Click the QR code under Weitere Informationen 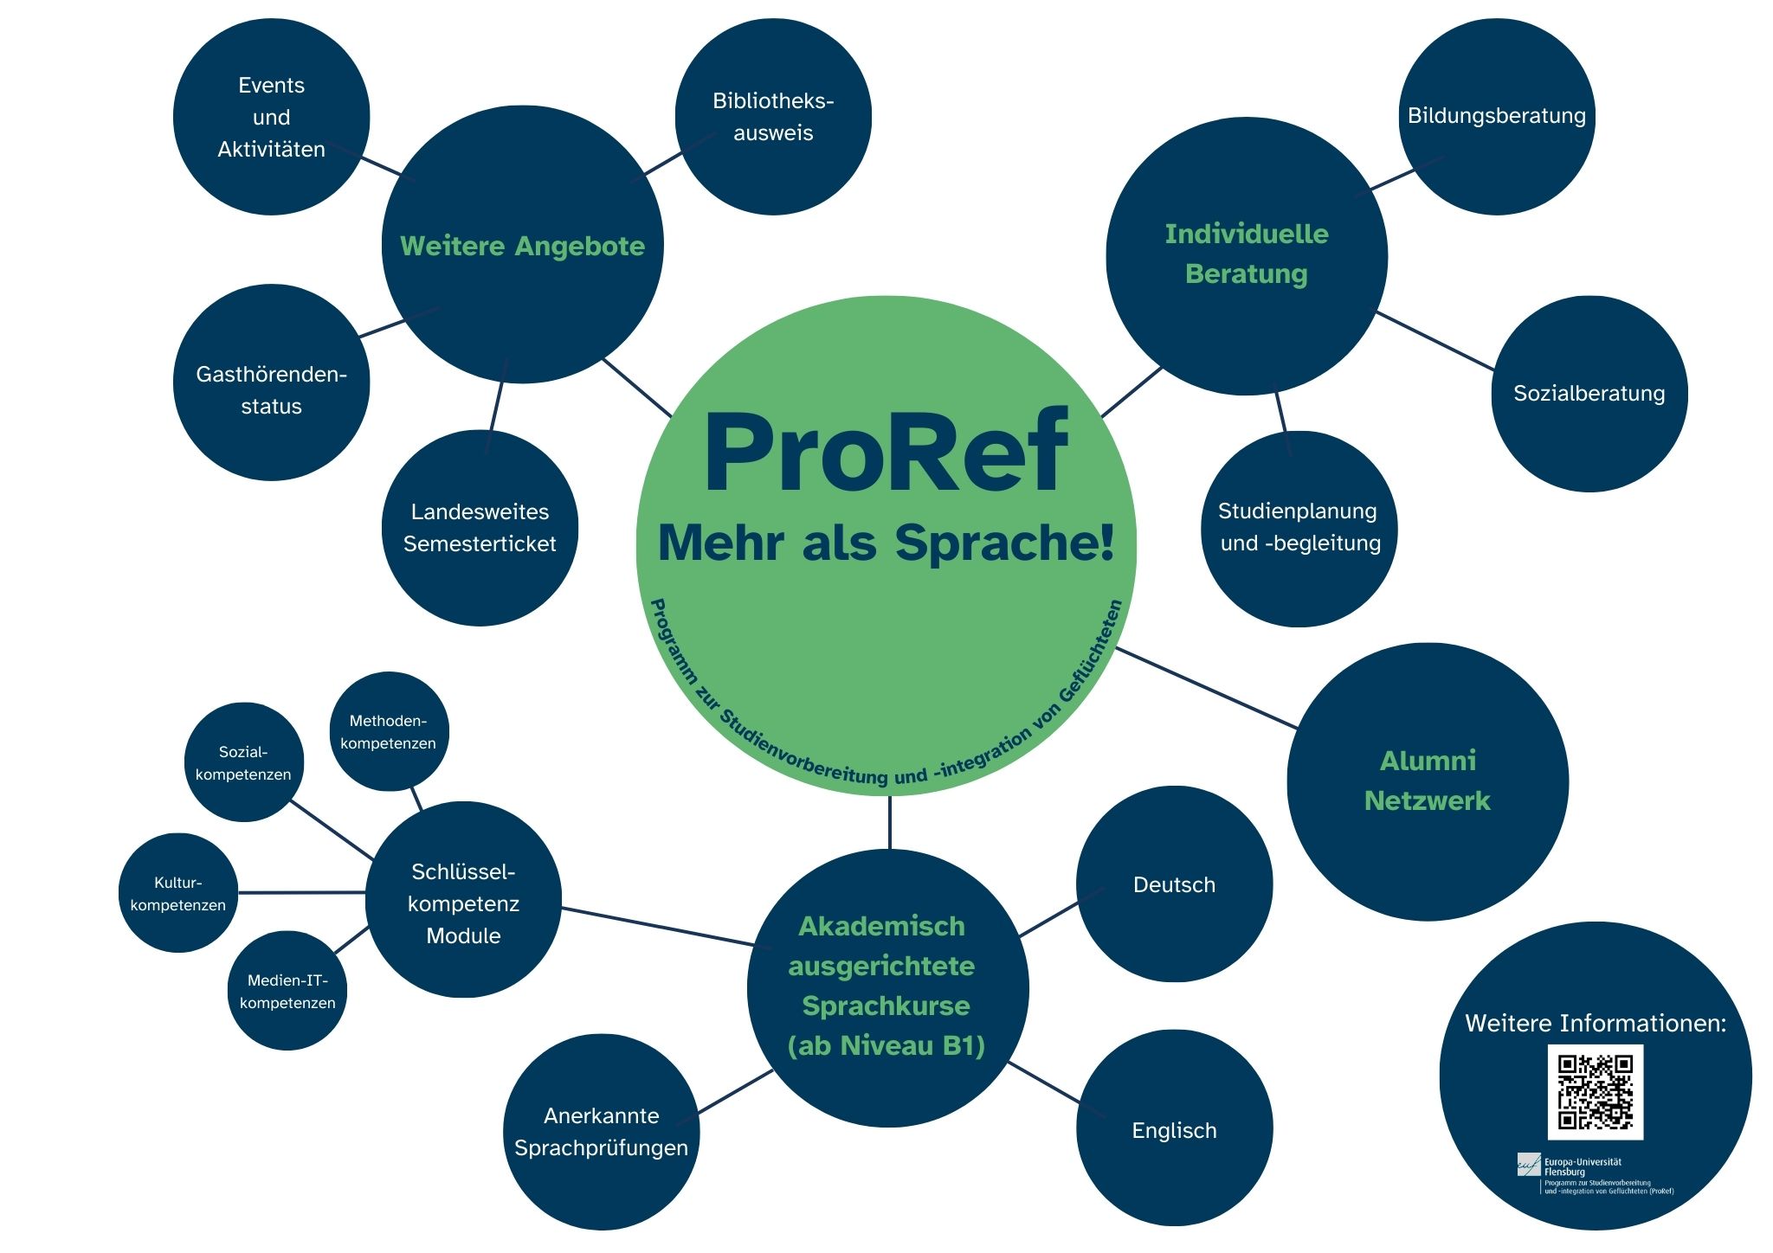pos(1595,1091)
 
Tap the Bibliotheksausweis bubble pos(773,117)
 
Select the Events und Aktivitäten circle pos(271,117)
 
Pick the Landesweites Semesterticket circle pos(480,528)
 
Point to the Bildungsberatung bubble pos(1496,116)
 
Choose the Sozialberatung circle pos(1589,394)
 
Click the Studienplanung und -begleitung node pos(1299,528)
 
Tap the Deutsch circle pos(1174,884)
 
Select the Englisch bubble pos(1174,1129)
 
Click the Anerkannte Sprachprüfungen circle pos(601,1132)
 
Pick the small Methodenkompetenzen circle pos(389,731)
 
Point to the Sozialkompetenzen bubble pos(243,762)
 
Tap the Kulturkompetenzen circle pos(177,893)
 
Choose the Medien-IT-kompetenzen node pos(287,991)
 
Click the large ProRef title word pos(886,452)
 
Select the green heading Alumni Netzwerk pos(1427,781)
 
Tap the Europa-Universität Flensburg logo pos(1529,1165)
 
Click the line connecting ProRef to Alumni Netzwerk pos(1208,688)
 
